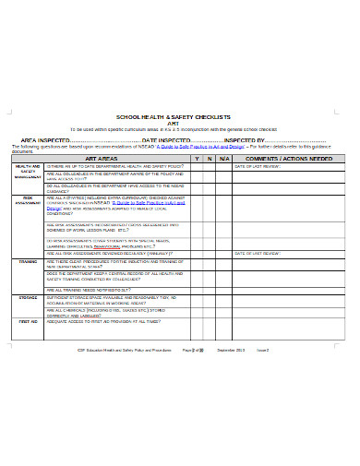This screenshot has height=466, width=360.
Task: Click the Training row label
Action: (26, 261)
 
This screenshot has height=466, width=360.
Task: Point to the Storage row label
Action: (26, 298)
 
